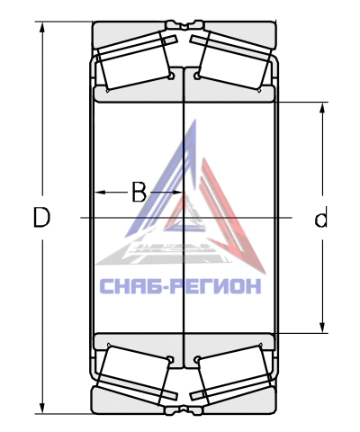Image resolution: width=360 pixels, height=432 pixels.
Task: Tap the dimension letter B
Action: click(139, 192)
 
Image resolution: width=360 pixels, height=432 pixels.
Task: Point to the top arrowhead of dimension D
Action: click(42, 28)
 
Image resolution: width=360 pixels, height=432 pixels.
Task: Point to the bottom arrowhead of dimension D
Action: click(42, 408)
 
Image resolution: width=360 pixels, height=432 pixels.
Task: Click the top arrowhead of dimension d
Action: click(322, 109)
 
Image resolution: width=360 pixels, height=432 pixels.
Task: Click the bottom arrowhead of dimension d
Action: click(322, 327)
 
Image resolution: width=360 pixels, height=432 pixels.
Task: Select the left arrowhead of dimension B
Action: click(101, 192)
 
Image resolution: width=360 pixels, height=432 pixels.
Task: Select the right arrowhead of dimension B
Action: click(176, 192)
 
